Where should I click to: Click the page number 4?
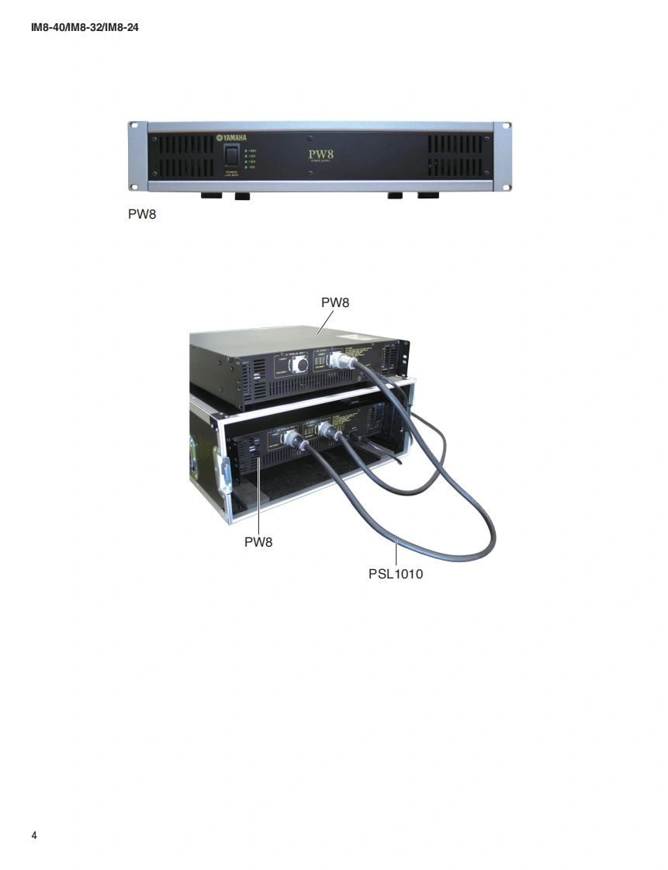coord(34,835)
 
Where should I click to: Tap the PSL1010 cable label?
coord(396,575)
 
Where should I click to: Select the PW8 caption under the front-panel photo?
coord(142,213)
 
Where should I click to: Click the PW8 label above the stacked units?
coord(335,302)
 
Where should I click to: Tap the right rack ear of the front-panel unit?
coord(502,155)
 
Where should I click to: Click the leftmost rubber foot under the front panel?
coord(211,196)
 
